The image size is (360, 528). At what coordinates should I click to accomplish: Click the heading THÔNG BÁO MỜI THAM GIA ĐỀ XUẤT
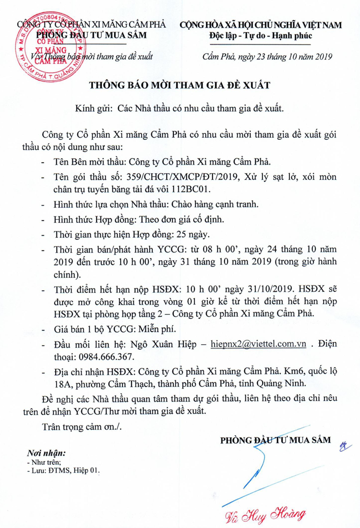tap(180, 86)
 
